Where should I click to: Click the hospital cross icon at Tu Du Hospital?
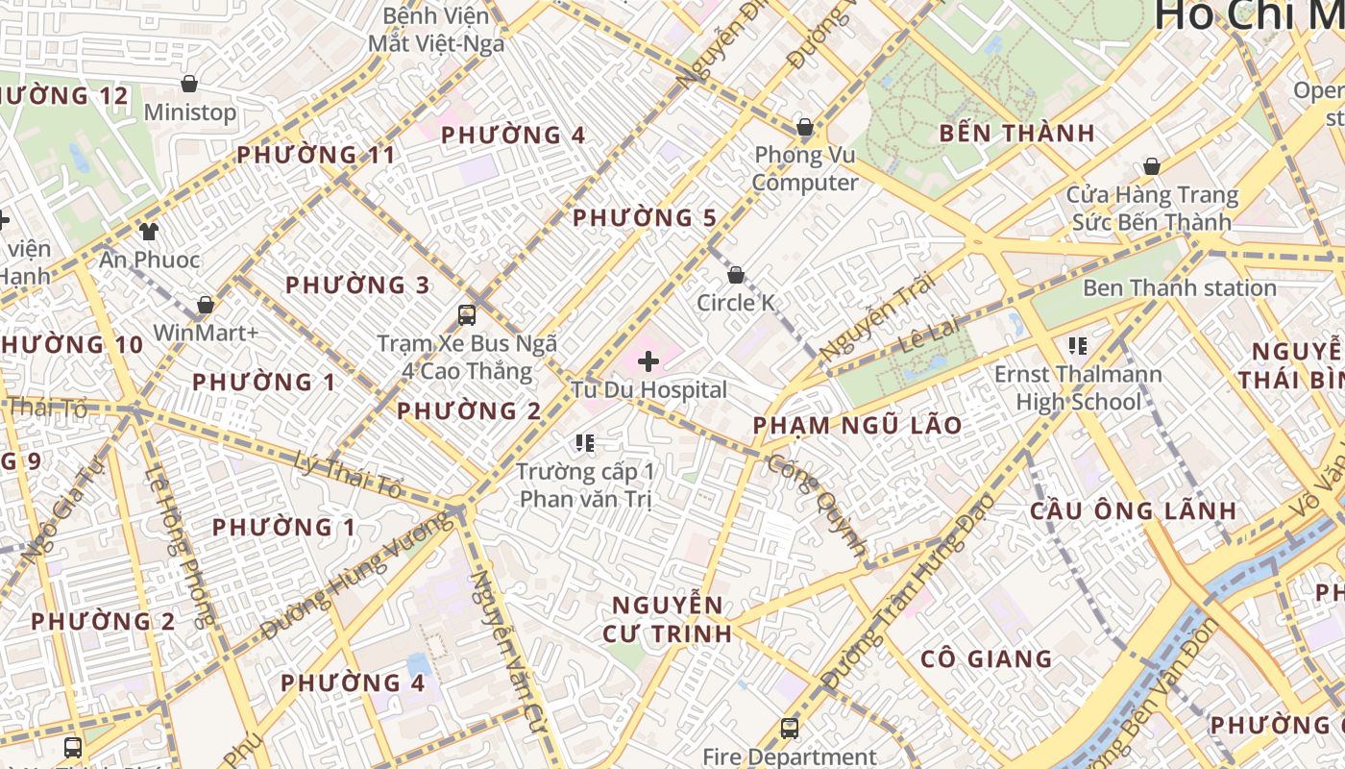(648, 361)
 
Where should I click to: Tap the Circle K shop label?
(736, 303)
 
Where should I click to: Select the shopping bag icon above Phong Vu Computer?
(805, 127)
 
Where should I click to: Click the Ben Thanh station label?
(1179, 287)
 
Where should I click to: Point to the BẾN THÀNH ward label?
(1017, 134)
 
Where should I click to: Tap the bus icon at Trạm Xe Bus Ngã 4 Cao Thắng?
(467, 314)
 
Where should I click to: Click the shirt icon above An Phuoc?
(149, 231)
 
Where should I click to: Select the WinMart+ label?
(206, 333)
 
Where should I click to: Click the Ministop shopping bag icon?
(189, 84)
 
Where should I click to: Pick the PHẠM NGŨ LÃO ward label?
(857, 425)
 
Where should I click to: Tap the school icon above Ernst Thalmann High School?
(1077, 345)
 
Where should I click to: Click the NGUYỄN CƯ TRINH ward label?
(668, 619)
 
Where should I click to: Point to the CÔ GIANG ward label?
(986, 659)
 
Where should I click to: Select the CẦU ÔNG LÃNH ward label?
(1133, 510)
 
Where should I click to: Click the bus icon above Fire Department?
(789, 728)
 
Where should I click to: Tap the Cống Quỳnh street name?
(818, 505)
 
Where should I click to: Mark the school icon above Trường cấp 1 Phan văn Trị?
(585, 443)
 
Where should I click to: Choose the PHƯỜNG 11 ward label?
(316, 155)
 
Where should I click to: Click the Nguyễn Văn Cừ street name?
(501, 634)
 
